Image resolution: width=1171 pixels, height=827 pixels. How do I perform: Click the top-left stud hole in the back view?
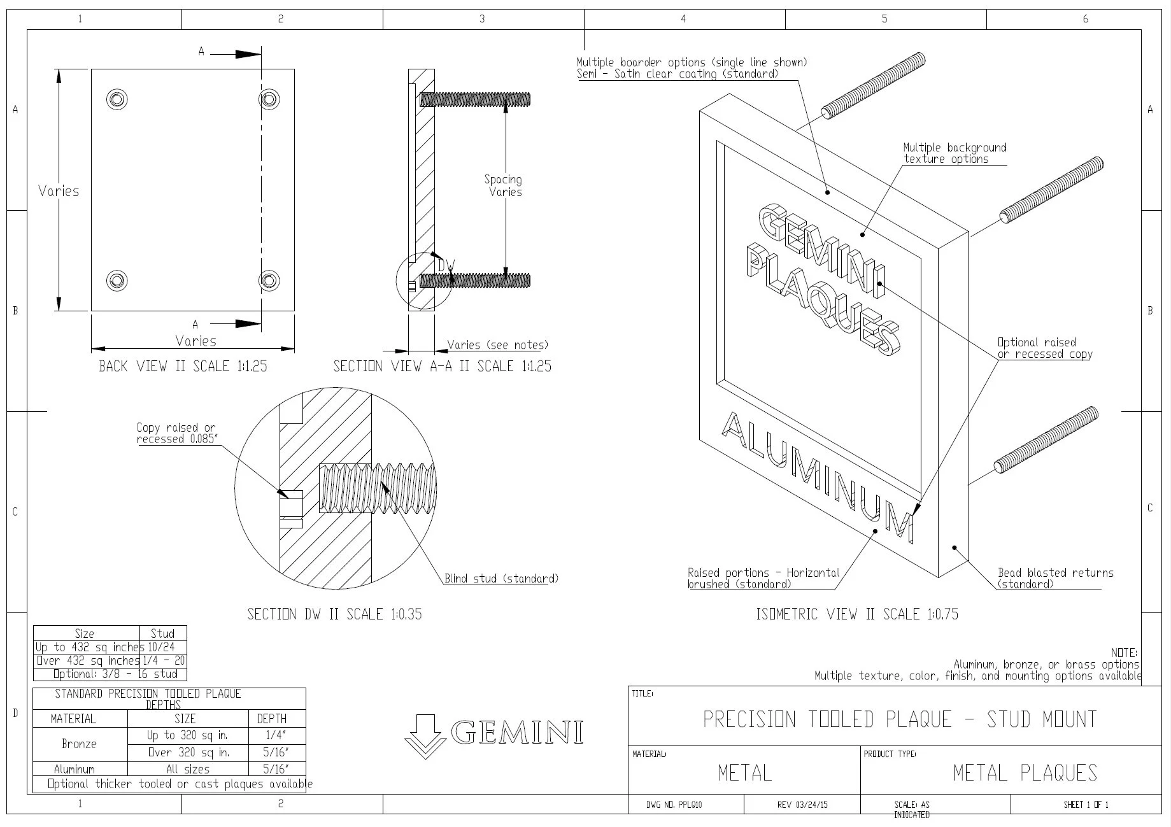pyautogui.click(x=117, y=99)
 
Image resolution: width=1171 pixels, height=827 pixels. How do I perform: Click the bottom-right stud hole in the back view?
pyautogui.click(x=269, y=280)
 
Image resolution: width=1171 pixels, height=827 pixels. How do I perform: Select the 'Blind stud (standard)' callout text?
pyautogui.click(x=500, y=579)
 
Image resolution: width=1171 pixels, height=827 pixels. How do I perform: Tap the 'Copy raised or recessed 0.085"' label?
pyautogui.click(x=176, y=434)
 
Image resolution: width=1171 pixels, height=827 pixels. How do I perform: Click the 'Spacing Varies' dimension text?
pyautogui.click(x=504, y=186)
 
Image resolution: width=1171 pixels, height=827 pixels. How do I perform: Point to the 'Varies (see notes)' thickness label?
pyautogui.click(x=497, y=345)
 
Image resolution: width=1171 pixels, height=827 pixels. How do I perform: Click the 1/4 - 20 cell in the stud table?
pyautogui.click(x=163, y=661)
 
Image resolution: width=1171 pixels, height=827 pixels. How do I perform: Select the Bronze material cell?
pyautogui.click(x=80, y=744)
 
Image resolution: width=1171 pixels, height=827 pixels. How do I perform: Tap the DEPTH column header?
pyautogui.click(x=272, y=719)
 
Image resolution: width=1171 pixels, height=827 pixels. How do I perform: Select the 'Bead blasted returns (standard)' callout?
pyautogui.click(x=1054, y=578)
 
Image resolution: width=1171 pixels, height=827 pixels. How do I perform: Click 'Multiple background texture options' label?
pyautogui.click(x=954, y=153)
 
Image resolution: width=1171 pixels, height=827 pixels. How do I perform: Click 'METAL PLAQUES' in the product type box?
pyautogui.click(x=1025, y=773)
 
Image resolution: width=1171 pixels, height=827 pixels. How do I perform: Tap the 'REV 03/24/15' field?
pyautogui.click(x=802, y=805)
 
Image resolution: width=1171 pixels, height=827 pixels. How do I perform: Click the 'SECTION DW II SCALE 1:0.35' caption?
pyautogui.click(x=334, y=614)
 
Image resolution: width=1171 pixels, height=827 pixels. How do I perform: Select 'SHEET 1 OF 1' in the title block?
pyautogui.click(x=1086, y=805)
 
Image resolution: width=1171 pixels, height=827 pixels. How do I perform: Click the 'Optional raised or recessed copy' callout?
pyautogui.click(x=1044, y=348)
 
